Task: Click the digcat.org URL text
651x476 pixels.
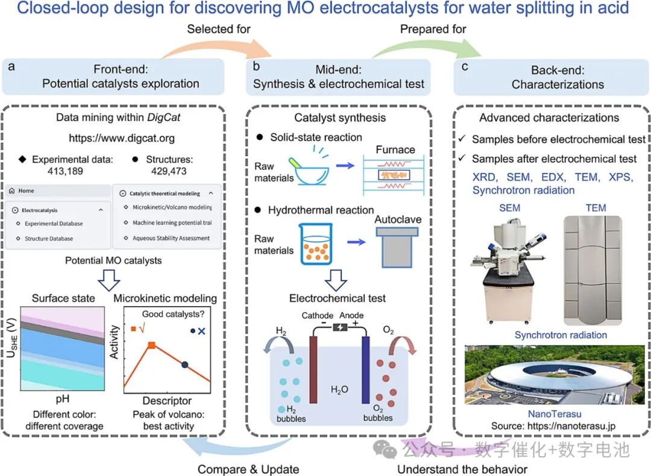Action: [x=122, y=138]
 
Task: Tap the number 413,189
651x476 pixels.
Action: [x=65, y=171]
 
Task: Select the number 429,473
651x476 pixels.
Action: [x=169, y=171]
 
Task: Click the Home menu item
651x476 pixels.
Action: [x=26, y=191]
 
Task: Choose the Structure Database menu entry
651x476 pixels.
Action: [x=49, y=239]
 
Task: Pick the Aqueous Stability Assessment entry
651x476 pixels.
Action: [x=171, y=238]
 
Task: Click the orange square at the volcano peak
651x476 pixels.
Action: [x=152, y=345]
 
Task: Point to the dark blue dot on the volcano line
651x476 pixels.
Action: [x=185, y=365]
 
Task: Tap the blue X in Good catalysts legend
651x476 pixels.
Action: [x=202, y=331]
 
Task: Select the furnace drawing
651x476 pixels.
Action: [x=394, y=175]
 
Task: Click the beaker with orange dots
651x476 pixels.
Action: [x=316, y=243]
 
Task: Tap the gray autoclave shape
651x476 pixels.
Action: [x=397, y=247]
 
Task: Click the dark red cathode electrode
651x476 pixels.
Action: [x=313, y=369]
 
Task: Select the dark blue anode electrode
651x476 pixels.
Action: [x=365, y=369]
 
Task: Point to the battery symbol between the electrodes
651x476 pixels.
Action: [x=340, y=327]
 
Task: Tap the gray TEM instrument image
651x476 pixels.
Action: [x=593, y=271]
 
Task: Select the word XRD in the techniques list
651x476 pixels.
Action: [x=485, y=177]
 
